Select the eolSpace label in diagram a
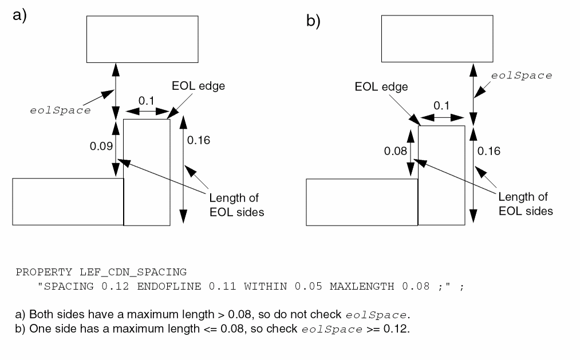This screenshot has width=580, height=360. (x=60, y=110)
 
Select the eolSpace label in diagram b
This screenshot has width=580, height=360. (x=522, y=76)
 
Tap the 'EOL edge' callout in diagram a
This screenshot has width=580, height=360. (x=198, y=86)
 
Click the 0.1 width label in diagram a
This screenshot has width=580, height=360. (x=147, y=101)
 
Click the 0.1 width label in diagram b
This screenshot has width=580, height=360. (x=441, y=105)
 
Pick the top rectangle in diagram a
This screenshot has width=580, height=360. (x=142, y=39)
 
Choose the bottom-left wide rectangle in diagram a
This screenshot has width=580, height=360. (x=68, y=201)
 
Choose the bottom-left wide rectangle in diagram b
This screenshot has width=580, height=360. (x=362, y=201)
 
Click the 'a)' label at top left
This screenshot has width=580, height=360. (x=20, y=15)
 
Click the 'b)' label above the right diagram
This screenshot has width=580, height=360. (x=313, y=22)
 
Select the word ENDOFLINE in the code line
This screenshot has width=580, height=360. (x=169, y=286)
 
